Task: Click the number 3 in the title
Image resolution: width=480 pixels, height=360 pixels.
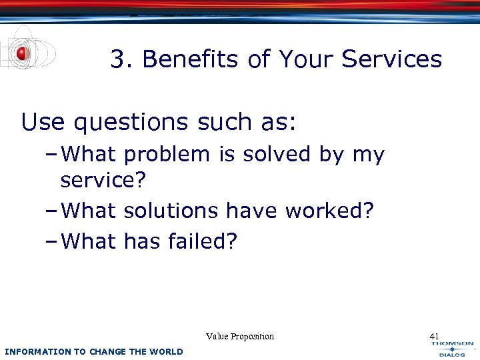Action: pos(117,59)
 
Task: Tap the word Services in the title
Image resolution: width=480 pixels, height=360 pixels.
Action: pos(391,59)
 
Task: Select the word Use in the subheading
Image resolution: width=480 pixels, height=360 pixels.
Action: pos(43,122)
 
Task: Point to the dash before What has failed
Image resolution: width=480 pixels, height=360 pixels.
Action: pos(54,241)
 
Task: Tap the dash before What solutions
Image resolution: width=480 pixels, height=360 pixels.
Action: pos(54,211)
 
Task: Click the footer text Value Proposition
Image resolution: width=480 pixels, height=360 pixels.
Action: pos(240,336)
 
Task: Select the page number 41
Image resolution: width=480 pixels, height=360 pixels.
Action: pos(435,336)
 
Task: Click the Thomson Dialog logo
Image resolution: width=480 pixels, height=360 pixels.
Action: pos(451,349)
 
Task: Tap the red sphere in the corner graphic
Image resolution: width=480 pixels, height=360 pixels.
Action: pos(23,53)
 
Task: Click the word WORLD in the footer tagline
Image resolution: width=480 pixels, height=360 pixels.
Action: pos(167,351)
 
